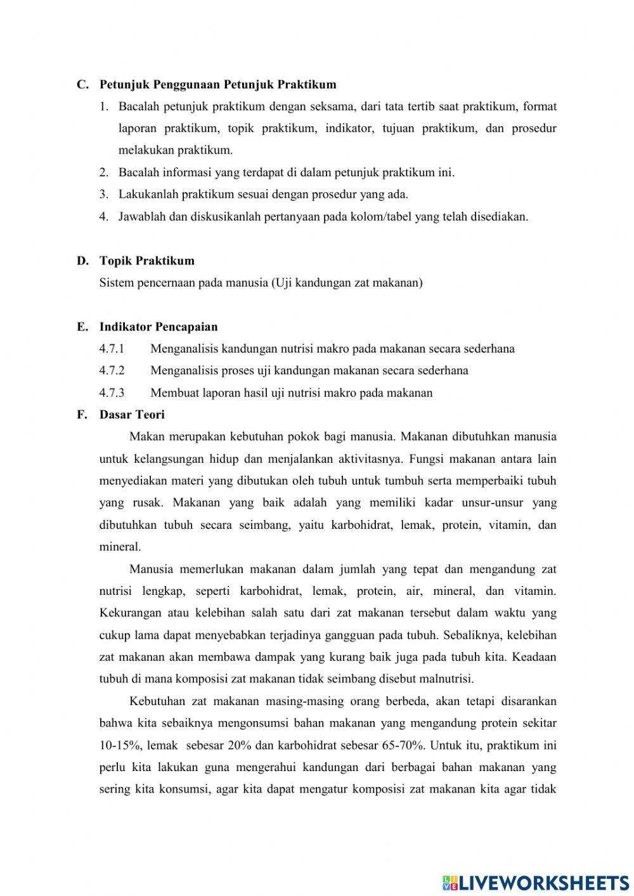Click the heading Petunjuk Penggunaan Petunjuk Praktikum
(x=217, y=84)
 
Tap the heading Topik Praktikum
(x=146, y=261)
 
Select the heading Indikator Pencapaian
(x=158, y=327)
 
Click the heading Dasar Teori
(x=132, y=415)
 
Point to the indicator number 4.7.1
(x=112, y=349)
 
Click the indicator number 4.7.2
(x=112, y=370)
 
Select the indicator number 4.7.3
(x=112, y=393)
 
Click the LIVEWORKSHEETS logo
(x=535, y=882)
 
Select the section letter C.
(x=82, y=84)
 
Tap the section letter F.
(x=81, y=415)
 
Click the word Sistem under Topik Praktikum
(x=116, y=283)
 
